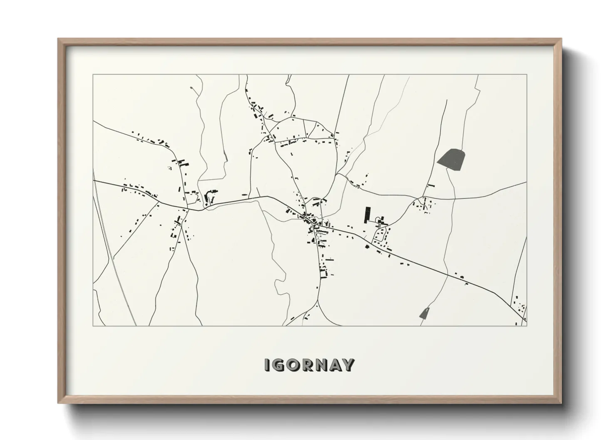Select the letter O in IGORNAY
[x=293, y=365]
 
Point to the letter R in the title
[x=307, y=365]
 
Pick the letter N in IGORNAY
[x=321, y=365]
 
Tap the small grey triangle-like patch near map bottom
[x=425, y=313]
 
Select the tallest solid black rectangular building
[x=367, y=215]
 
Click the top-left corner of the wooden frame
[x=58, y=39]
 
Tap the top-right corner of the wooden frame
[x=561, y=39]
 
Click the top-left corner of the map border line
[x=93, y=75]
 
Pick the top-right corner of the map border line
[x=527, y=75]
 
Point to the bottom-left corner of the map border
[x=93, y=326]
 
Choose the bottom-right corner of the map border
[x=527, y=326]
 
